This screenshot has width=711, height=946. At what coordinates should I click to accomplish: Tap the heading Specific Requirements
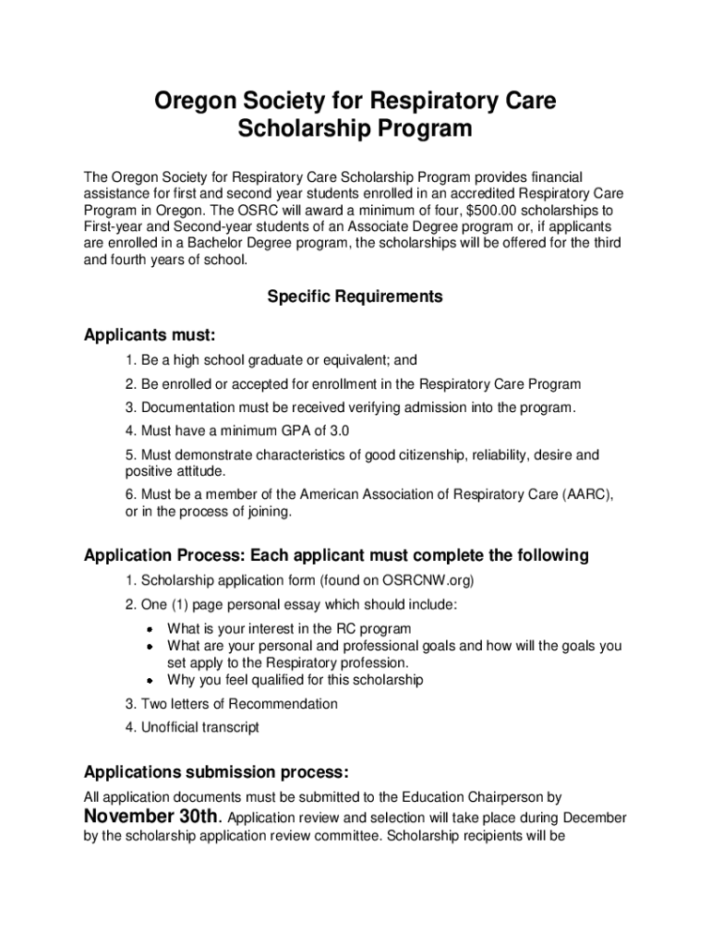(x=355, y=297)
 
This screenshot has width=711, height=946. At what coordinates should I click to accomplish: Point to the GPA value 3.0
(x=340, y=431)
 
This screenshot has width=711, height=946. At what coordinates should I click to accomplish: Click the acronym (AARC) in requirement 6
(x=588, y=495)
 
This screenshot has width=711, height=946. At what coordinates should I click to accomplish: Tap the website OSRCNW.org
(x=426, y=581)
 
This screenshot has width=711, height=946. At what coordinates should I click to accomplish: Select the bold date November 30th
(x=152, y=817)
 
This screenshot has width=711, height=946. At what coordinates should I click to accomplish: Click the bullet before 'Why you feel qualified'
(x=149, y=681)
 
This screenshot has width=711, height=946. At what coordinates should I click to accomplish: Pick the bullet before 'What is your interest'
(x=149, y=629)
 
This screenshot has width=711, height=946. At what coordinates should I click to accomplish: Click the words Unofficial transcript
(x=200, y=727)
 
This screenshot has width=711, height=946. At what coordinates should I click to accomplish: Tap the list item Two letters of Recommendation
(x=232, y=704)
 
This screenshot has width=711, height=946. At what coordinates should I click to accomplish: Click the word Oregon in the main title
(x=199, y=99)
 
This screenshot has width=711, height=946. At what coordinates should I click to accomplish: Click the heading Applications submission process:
(x=217, y=771)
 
